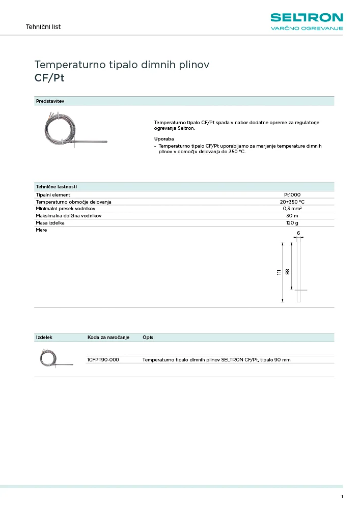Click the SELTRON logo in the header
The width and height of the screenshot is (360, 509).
pos(307,18)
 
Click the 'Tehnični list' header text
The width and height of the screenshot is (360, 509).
pos(43,26)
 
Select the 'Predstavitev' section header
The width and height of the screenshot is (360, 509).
pos(50,101)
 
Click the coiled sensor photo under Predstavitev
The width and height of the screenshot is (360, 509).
pos(73,131)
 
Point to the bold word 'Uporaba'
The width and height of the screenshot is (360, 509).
pos(164,138)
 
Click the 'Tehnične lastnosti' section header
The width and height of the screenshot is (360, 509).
pos(56,187)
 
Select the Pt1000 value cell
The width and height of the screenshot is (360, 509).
pos(292,194)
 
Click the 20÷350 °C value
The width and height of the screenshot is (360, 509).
pos(292,202)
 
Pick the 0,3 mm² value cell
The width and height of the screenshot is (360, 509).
pos(292,209)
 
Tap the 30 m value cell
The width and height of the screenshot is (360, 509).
pos(292,216)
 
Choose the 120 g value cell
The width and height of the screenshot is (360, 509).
pos(292,223)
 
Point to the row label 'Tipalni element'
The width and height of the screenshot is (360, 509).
pos(53,194)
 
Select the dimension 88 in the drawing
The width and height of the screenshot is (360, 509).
pos(288,271)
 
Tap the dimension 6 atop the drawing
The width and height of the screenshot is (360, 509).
pos(298,233)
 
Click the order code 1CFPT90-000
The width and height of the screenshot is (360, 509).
pos(103,359)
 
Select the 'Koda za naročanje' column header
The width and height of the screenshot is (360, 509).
pos(108,337)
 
